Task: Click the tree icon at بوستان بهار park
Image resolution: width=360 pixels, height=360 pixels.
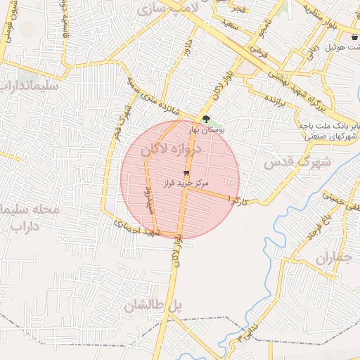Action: point(205,119)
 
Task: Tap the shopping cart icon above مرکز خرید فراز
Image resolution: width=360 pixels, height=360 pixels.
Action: point(186,172)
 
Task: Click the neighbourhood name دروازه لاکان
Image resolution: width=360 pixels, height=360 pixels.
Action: point(172,150)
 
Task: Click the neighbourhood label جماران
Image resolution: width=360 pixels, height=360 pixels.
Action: point(332,258)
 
